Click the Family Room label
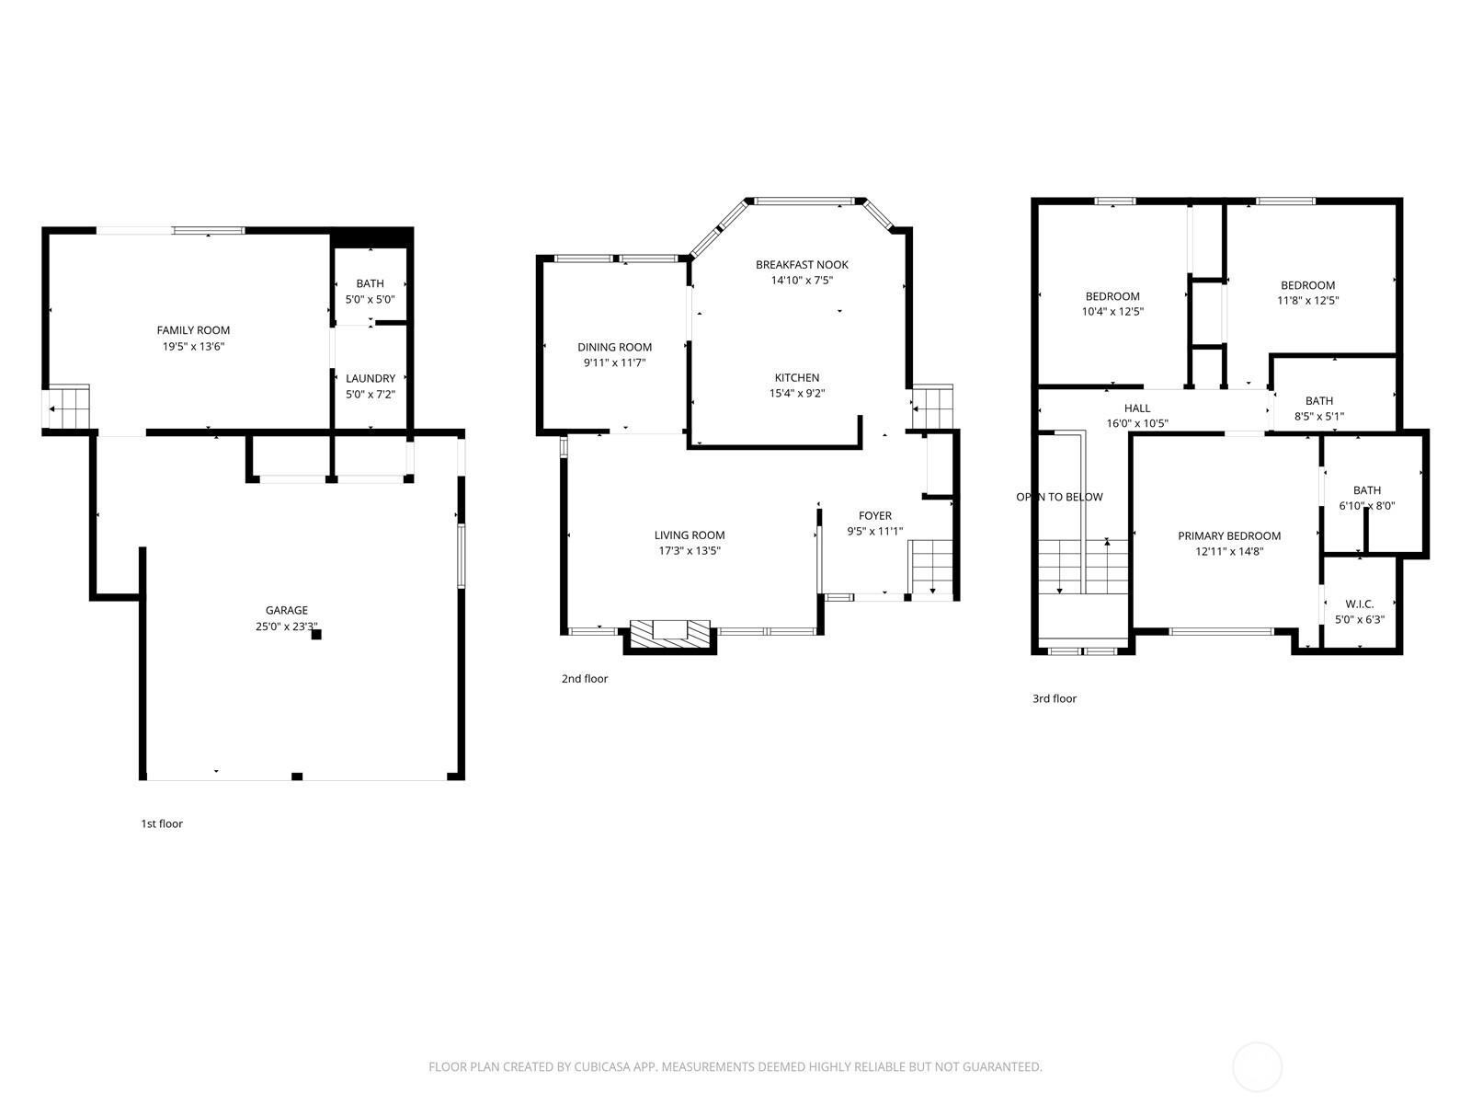pos(193,329)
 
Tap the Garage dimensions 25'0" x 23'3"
pos(286,627)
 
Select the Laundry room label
pos(370,378)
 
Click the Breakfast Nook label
pos(802,265)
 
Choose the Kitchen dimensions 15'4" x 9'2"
pos(797,394)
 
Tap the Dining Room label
pos(614,347)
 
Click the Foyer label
pos(874,515)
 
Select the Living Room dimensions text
pos(689,551)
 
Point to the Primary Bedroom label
pos(1229,535)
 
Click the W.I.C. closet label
pos(1359,604)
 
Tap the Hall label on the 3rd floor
pos(1137,408)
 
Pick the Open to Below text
pos(1059,497)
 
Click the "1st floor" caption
pos(162,823)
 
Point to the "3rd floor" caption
pos(1055,698)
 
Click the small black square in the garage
pos(316,634)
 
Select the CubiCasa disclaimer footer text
pos(735,1067)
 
